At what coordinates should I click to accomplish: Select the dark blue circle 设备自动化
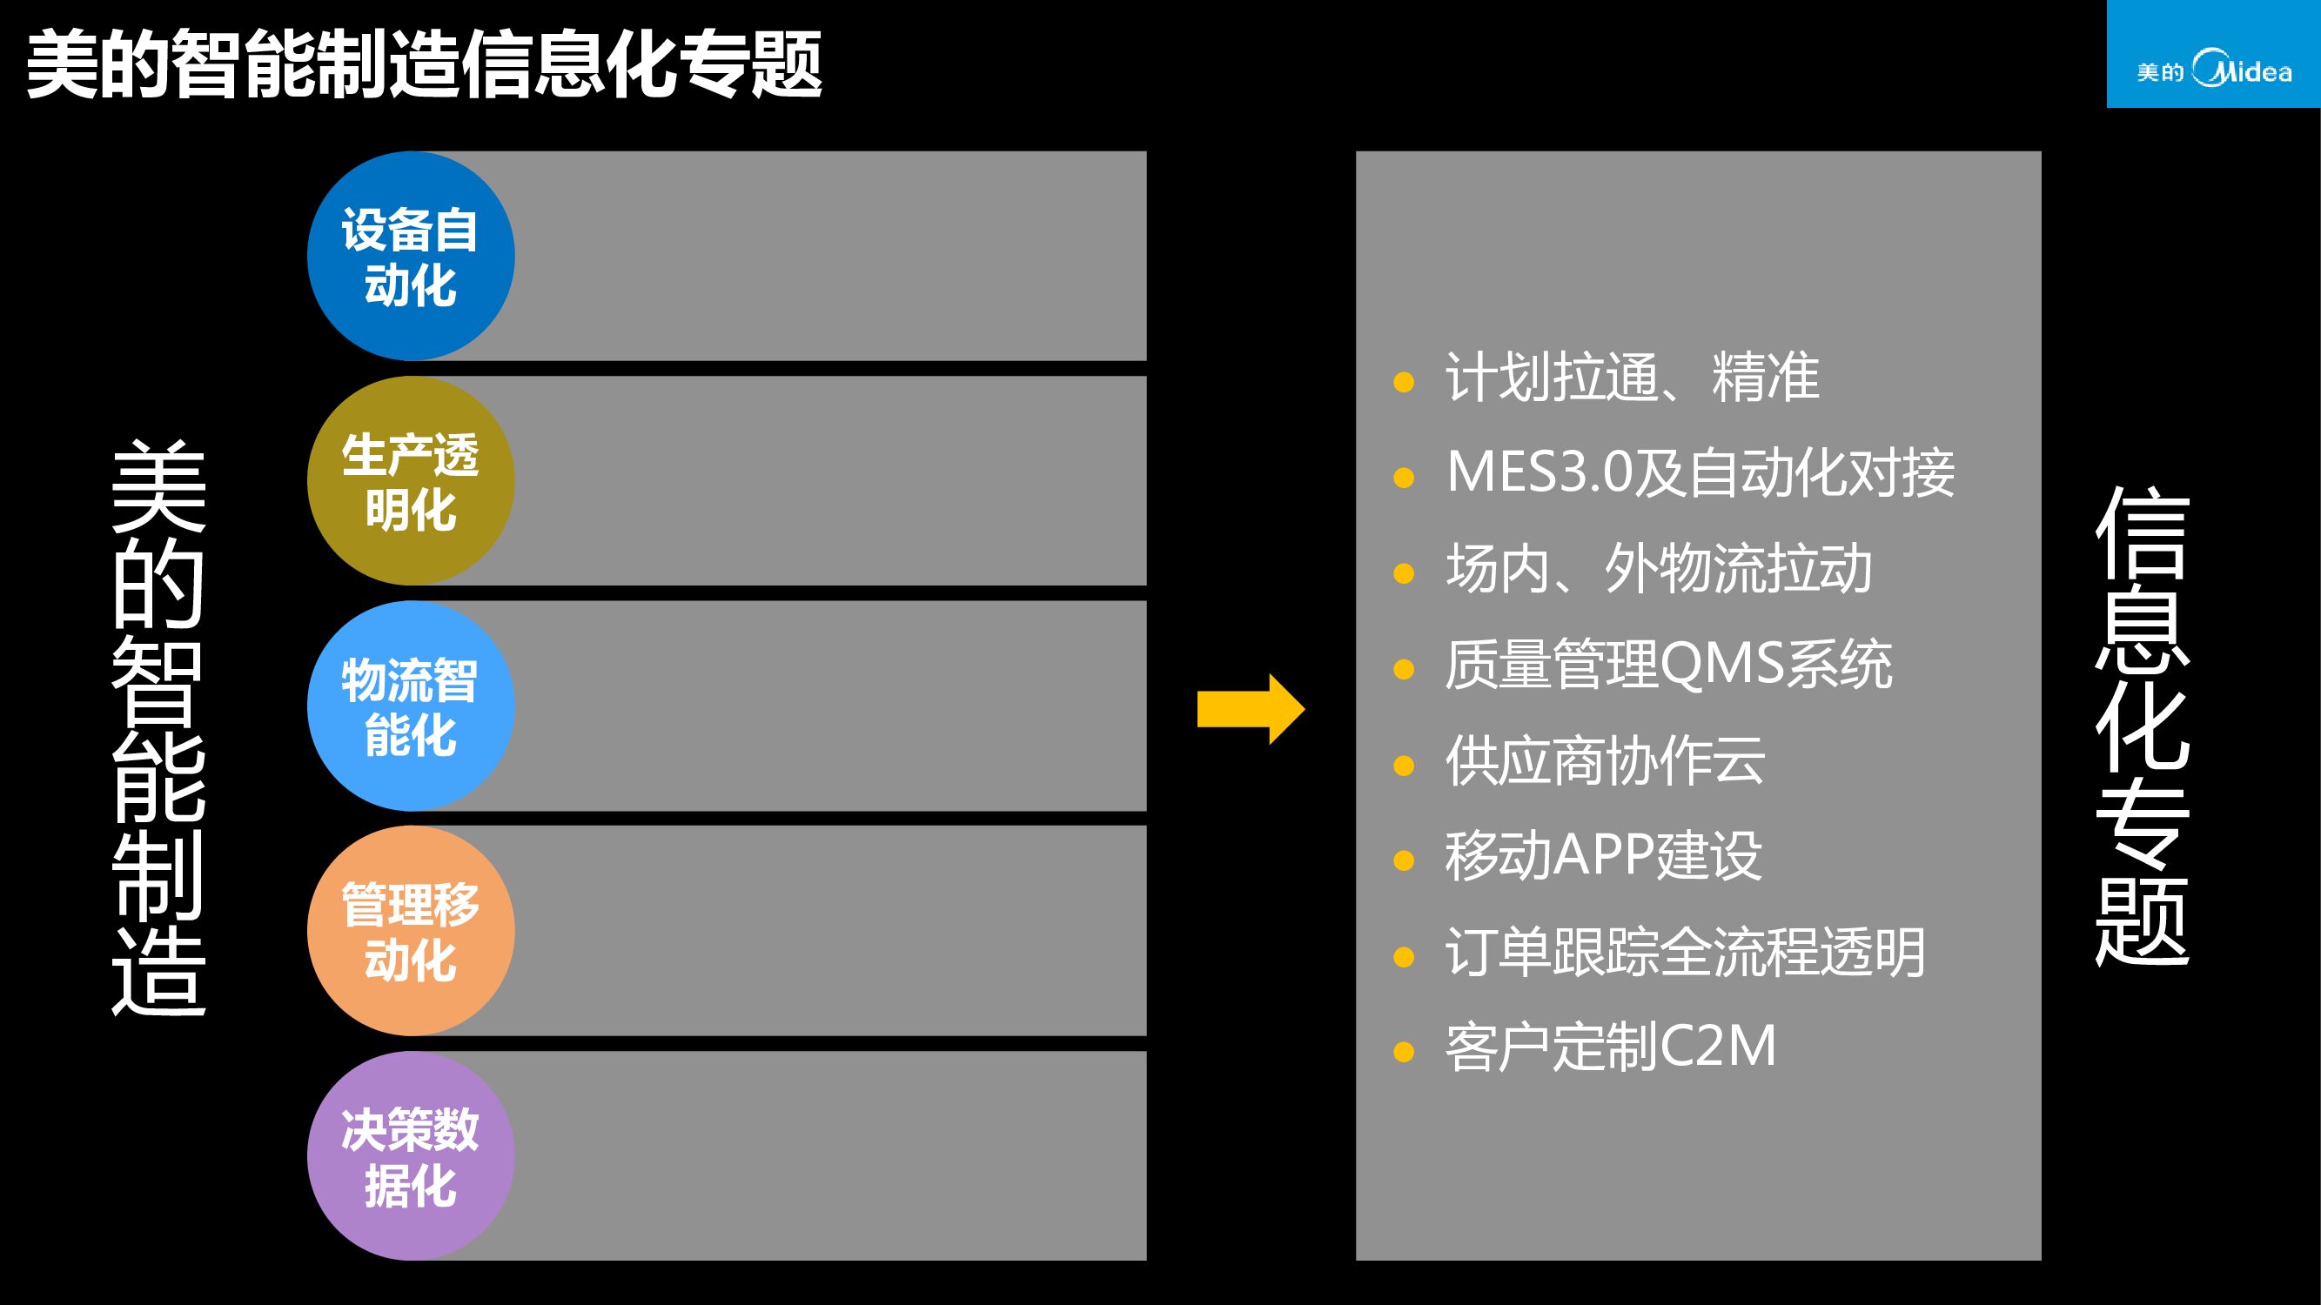tap(411, 256)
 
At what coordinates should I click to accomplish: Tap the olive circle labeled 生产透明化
tap(411, 481)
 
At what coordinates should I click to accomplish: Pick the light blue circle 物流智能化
tap(411, 706)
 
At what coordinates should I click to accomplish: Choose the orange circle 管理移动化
tap(411, 931)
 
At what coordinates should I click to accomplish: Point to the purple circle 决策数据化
tap(411, 1156)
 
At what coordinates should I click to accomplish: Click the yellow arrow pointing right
tap(1251, 709)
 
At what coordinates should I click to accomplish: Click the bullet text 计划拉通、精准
tap(1632, 377)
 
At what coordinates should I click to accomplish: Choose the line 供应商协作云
tap(1605, 761)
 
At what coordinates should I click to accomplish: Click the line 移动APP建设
tap(1603, 856)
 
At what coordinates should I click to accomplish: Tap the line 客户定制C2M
tap(1610, 1047)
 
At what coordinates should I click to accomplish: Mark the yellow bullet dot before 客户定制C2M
tap(1403, 1052)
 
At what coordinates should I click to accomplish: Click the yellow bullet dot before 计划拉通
tap(1403, 382)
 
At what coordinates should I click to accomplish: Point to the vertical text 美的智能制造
tap(158, 727)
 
